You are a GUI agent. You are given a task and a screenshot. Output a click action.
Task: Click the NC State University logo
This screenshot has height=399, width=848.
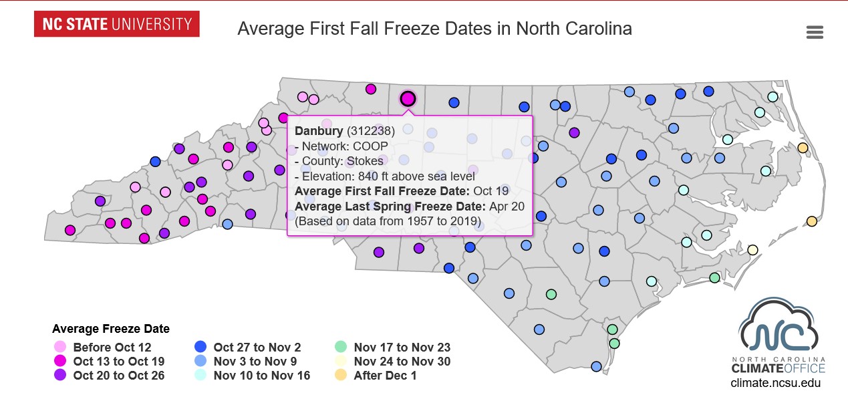(117, 25)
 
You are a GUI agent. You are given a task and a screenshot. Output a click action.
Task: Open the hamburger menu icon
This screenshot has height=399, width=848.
(815, 32)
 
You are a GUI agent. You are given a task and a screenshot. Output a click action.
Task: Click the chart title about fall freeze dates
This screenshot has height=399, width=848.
(434, 29)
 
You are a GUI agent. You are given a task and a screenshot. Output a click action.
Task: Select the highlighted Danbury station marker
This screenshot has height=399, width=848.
(408, 99)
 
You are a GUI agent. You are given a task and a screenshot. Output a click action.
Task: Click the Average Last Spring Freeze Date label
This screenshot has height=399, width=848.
(390, 206)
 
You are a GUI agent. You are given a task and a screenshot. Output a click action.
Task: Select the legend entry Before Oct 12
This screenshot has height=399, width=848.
(112, 348)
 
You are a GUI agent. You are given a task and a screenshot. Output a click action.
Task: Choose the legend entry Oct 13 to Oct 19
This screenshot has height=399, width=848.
(118, 362)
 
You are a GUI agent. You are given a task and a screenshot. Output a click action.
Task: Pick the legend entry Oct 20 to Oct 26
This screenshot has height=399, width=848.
(118, 376)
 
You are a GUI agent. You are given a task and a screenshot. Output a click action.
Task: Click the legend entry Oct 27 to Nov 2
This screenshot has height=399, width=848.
(257, 348)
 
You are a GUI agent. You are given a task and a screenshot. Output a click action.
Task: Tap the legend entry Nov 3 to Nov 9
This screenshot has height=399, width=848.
(255, 362)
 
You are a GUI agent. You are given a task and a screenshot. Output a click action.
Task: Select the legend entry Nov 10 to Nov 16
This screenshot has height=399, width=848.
(261, 376)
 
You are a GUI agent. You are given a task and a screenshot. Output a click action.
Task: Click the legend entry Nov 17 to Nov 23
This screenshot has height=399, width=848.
(402, 348)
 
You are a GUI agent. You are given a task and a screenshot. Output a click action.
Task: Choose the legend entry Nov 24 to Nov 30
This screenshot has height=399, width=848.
(402, 362)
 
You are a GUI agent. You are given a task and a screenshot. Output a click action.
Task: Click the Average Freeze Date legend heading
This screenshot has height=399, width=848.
(111, 329)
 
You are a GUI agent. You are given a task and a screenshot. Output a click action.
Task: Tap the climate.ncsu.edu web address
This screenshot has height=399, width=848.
(775, 384)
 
